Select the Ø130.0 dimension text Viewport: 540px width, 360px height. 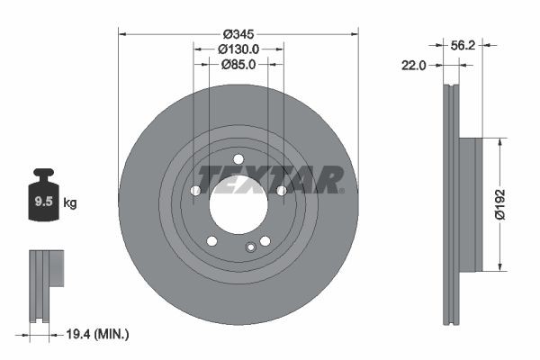(238, 49)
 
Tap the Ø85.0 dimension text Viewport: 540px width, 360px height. (238, 64)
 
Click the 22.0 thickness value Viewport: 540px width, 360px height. (416, 65)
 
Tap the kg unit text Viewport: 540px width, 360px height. (69, 202)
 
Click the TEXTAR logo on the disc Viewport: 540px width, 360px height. (270, 180)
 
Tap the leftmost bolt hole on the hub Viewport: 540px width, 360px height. (196, 190)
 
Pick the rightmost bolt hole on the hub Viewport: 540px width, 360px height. (281, 190)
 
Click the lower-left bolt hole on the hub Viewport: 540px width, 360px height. (212, 240)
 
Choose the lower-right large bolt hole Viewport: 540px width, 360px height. (265, 240)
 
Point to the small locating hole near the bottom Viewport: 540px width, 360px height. (251, 247)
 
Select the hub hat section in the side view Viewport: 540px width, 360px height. (471, 203)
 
